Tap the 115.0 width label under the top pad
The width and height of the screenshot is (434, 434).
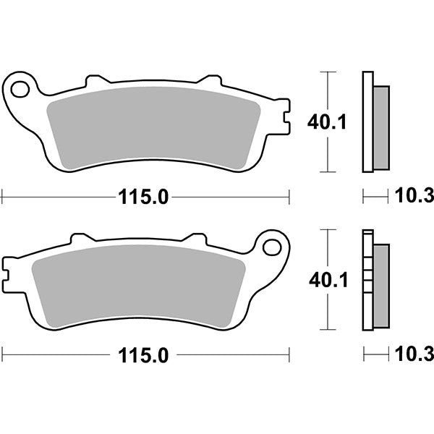pos(142,196)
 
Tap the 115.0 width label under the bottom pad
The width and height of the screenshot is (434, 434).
pos(142,355)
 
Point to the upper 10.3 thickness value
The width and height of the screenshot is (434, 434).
pos(414,196)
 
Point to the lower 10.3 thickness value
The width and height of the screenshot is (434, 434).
pos(414,354)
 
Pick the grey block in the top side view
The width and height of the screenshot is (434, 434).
pos(380,127)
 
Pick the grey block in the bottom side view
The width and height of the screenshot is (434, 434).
pos(380,285)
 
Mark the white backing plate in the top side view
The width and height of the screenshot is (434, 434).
pos(367,123)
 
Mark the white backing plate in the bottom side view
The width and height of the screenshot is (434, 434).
pos(367,282)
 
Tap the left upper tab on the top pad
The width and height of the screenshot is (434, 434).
pos(95,79)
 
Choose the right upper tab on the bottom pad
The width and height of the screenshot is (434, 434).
pos(195,237)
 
